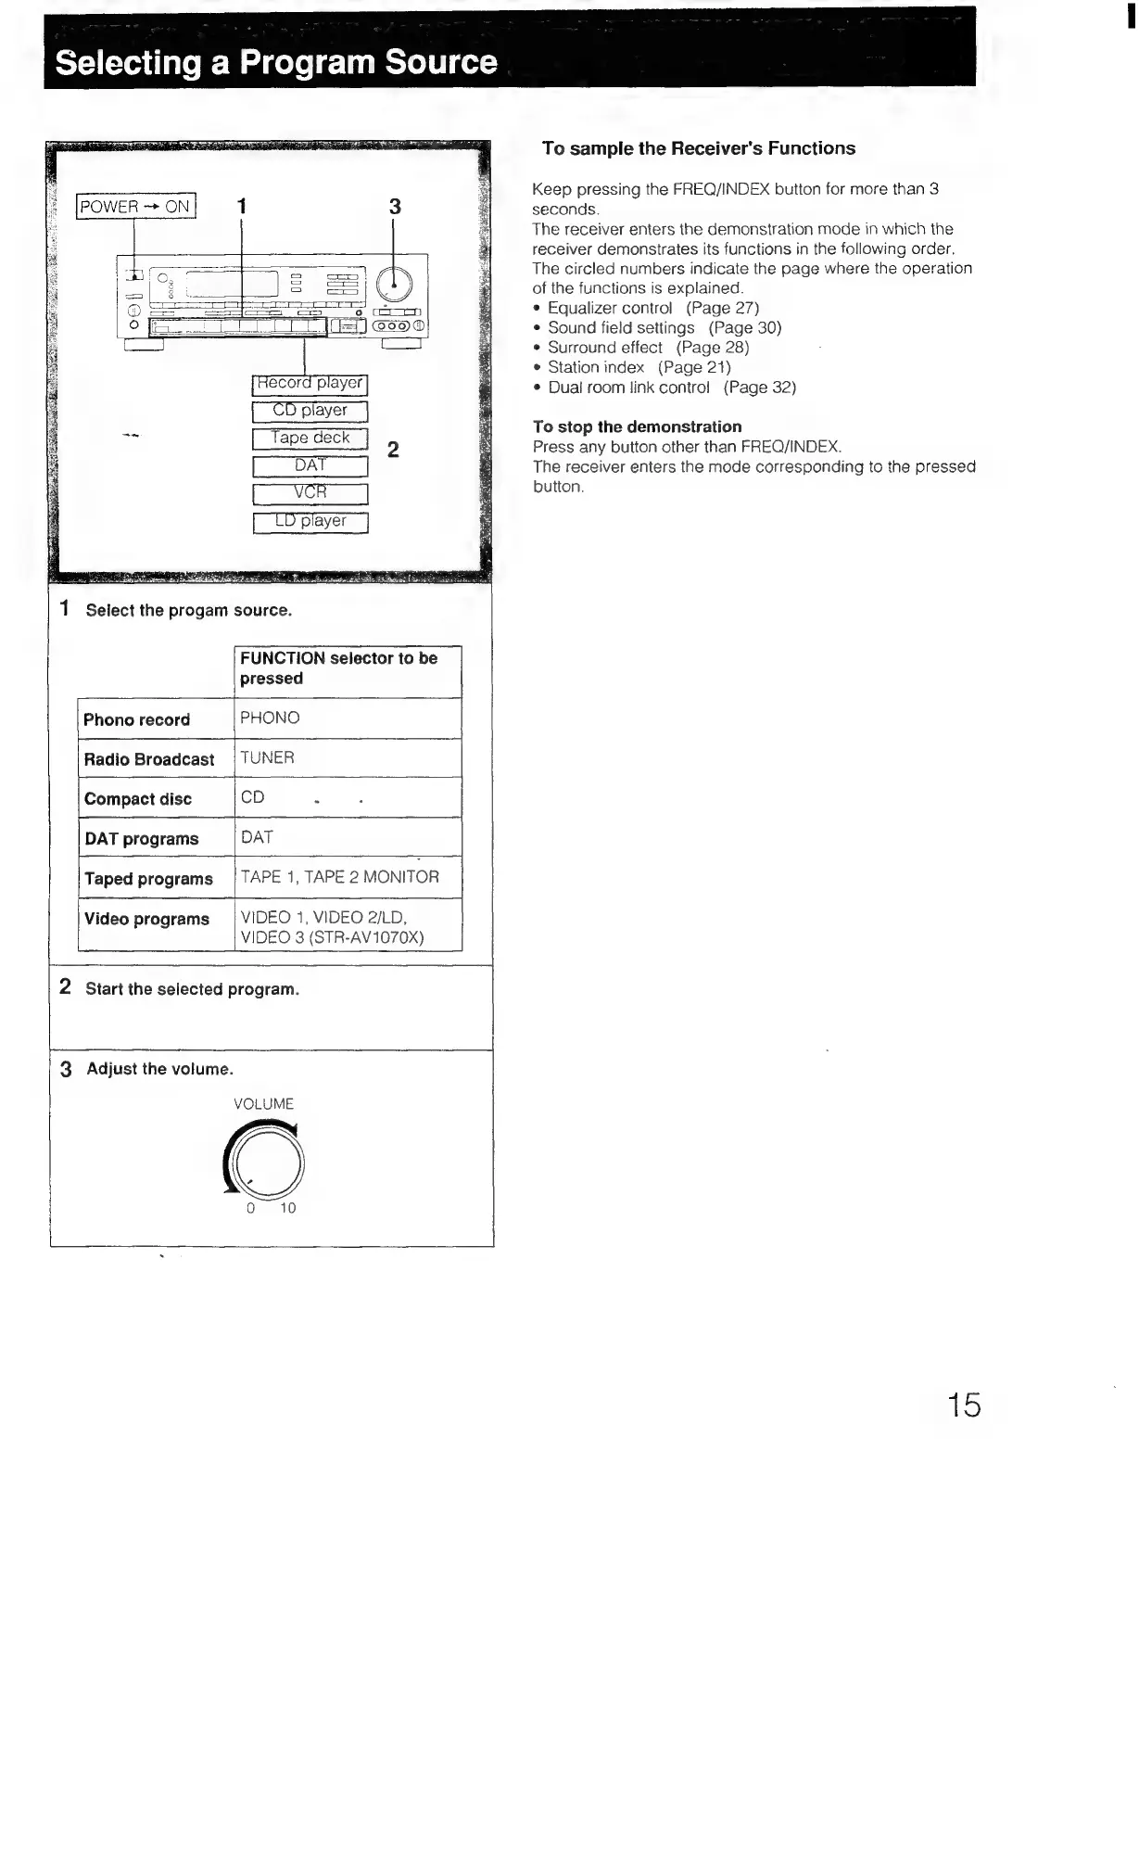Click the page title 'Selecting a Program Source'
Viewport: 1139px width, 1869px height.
(x=276, y=62)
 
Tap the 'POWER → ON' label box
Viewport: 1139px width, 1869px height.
(x=135, y=206)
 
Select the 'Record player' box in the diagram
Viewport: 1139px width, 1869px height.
(x=310, y=383)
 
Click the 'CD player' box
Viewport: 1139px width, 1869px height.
(x=310, y=411)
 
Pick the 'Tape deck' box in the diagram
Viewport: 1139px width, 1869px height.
(x=310, y=439)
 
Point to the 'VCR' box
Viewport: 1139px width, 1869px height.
(x=310, y=493)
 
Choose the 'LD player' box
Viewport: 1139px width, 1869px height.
(x=310, y=521)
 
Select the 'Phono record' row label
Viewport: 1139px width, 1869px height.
(x=137, y=719)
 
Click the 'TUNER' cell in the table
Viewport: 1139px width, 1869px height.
(x=268, y=757)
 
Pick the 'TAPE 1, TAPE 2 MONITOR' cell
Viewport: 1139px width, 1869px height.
(x=340, y=877)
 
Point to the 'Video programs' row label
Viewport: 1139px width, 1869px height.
(x=146, y=919)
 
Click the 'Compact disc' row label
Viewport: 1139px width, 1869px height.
(x=138, y=799)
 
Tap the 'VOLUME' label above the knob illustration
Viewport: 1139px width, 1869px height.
(x=264, y=1104)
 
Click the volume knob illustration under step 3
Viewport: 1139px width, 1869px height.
(x=265, y=1162)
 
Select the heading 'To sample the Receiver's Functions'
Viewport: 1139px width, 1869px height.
(x=698, y=148)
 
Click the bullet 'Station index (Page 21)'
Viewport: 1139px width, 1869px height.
(x=639, y=367)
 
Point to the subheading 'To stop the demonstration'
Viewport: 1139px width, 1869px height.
(x=637, y=426)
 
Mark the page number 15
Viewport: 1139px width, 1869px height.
(x=964, y=1405)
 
